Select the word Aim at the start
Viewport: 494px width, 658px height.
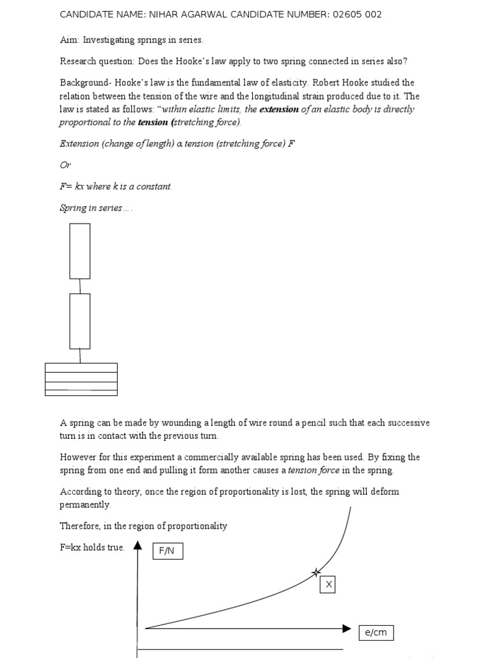point(69,40)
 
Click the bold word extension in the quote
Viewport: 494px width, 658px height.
point(279,109)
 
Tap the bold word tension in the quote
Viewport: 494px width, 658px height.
point(152,122)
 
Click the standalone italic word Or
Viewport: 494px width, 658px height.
point(65,165)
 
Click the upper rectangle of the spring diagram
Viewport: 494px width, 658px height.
point(80,251)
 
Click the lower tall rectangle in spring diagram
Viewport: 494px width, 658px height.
point(80,321)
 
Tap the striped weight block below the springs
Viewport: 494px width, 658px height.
point(81,379)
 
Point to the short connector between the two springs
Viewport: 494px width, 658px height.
point(80,286)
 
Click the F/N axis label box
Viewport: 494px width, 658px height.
point(167,551)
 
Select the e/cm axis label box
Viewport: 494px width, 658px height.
point(376,632)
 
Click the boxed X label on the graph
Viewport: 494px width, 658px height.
point(327,584)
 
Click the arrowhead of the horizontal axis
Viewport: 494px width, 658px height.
point(347,628)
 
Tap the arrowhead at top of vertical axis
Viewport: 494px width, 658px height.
point(136,546)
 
